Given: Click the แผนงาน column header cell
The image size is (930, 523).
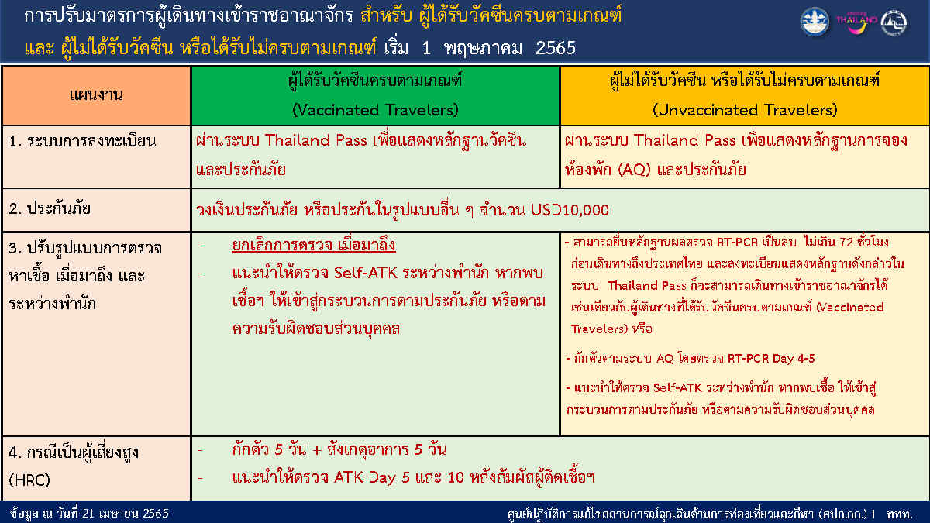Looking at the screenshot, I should [96, 95].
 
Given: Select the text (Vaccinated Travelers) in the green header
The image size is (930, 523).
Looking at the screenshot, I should [375, 110].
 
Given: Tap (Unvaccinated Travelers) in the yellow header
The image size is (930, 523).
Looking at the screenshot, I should [745, 110].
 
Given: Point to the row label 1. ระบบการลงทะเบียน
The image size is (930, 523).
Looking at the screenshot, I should [83, 141].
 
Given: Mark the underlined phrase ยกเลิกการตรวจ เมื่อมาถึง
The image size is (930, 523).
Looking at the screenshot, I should [314, 246].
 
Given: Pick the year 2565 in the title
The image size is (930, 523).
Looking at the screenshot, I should [555, 48].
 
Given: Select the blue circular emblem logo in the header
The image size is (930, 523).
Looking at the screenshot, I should [814, 22].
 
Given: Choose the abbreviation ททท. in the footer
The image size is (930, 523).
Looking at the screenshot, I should [901, 513].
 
